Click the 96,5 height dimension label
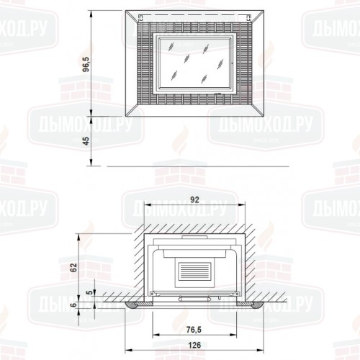tap(86, 66)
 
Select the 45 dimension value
tap(86, 140)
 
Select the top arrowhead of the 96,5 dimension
tap(91, 12)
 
